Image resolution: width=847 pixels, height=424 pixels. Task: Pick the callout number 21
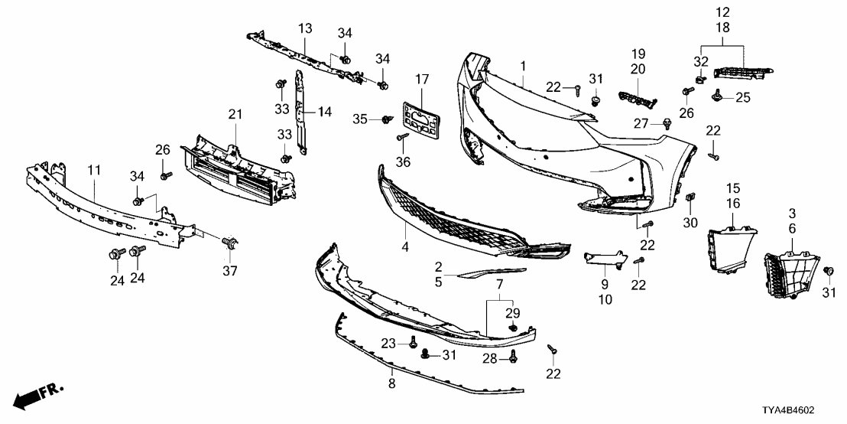click(x=235, y=115)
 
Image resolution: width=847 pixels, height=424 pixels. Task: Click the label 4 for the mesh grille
click(x=405, y=247)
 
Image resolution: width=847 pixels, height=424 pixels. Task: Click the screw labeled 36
click(x=401, y=138)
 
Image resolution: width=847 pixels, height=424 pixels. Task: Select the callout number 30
click(x=691, y=223)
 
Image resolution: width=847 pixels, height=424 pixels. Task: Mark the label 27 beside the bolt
click(x=639, y=123)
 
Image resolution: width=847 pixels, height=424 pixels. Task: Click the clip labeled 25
click(x=717, y=95)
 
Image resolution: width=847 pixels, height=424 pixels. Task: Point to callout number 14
click(x=324, y=112)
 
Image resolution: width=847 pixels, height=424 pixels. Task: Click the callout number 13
click(x=305, y=28)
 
